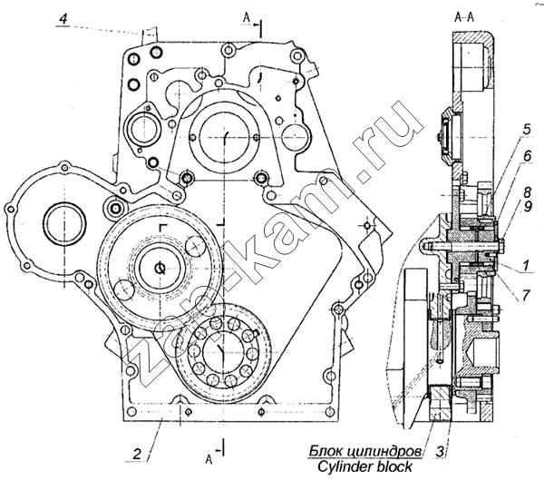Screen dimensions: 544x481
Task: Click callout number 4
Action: pos(63,18)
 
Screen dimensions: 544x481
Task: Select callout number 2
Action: pos(138,454)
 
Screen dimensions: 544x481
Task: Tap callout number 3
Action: pos(440,452)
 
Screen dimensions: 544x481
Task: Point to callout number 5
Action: pos(527,130)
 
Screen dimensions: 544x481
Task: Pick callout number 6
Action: pos(528,156)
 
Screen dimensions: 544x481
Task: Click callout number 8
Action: pos(528,191)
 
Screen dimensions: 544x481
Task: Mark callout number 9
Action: pos(528,208)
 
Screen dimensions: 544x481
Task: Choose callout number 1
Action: pos(526,266)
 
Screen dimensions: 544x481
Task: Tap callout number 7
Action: pos(526,296)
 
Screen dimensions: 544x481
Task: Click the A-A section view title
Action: pos(464,16)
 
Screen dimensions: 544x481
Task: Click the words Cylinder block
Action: pos(364,466)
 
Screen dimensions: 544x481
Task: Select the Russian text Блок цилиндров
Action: pos(366,451)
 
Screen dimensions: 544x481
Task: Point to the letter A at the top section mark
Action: pos(246,18)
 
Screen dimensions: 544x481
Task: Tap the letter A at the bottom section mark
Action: pos(209,459)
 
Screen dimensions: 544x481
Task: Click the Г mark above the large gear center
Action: pos(161,228)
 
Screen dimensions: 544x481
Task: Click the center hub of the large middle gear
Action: pos(160,268)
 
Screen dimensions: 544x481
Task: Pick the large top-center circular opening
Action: pos(225,136)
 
